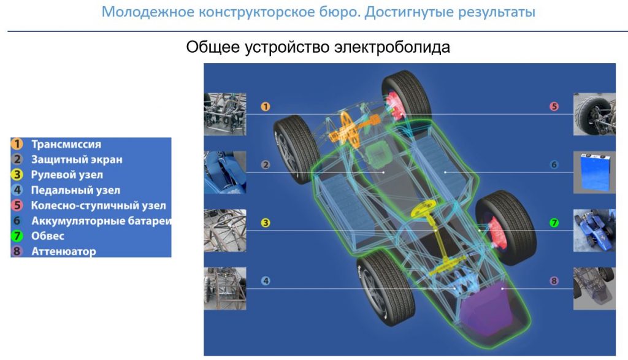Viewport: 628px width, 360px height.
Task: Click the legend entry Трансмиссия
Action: [66, 145]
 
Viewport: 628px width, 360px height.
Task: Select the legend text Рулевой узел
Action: [67, 175]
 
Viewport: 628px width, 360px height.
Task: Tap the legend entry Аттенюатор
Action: [64, 251]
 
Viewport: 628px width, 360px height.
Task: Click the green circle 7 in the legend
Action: [18, 236]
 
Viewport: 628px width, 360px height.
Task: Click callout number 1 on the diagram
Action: [265, 107]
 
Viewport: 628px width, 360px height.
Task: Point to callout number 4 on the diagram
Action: [265, 281]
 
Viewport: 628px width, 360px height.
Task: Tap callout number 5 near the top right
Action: [554, 107]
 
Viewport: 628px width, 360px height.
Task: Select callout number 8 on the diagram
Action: [554, 281]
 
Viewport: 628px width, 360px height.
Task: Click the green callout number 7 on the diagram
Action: [554, 223]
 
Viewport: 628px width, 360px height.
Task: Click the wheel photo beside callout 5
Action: [594, 114]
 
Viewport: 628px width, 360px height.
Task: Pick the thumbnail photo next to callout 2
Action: [224, 172]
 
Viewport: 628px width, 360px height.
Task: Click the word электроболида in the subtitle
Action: [392, 47]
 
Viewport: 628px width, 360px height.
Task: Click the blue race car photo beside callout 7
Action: [594, 230]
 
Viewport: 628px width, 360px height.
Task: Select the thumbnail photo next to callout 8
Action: [594, 288]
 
